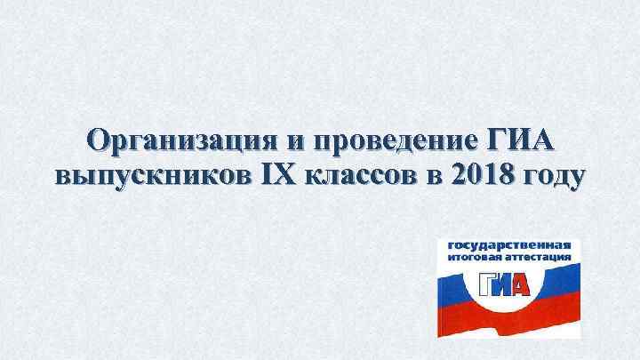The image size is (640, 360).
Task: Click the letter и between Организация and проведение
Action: [x=293, y=143]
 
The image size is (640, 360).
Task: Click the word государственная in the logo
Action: [x=508, y=244]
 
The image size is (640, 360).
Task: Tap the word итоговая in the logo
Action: [x=471, y=257]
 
